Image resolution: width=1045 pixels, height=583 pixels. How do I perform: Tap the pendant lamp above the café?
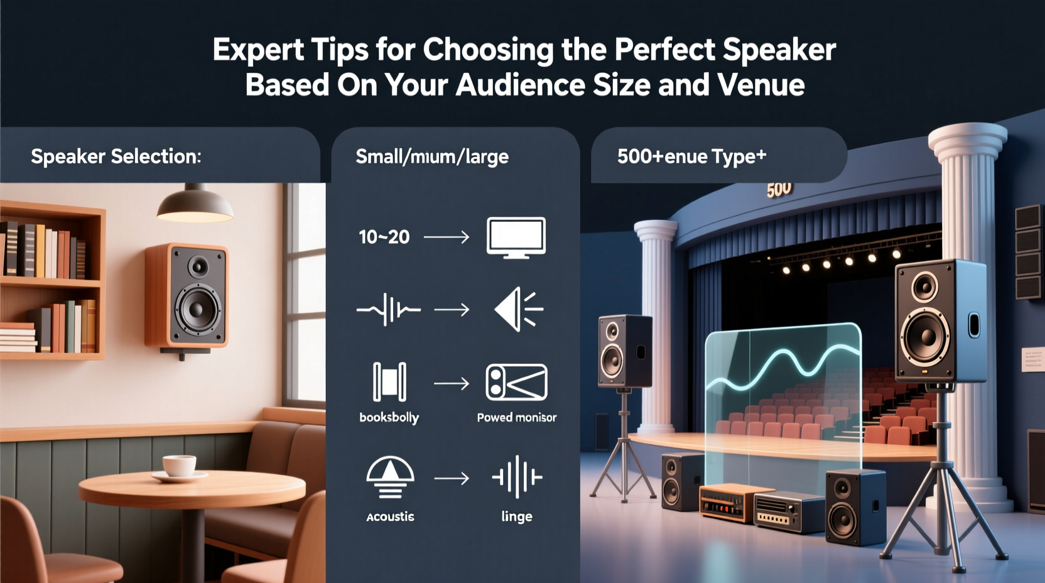(195, 205)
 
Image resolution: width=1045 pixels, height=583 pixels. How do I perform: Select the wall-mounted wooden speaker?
(187, 296)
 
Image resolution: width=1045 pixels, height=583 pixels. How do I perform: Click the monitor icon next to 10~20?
(516, 237)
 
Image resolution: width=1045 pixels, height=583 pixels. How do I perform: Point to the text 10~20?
(384, 237)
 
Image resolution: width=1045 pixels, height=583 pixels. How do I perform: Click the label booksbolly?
(389, 417)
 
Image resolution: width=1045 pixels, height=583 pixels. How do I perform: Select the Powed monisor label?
(516, 417)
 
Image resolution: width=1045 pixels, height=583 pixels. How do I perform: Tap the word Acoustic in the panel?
(390, 516)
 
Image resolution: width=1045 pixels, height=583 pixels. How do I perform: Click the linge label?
(516, 516)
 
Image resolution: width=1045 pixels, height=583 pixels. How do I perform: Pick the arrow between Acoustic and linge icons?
(452, 479)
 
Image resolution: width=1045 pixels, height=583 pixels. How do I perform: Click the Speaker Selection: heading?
(116, 156)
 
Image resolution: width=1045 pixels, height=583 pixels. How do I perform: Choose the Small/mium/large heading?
(432, 156)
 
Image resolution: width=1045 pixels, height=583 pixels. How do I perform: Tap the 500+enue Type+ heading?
(691, 156)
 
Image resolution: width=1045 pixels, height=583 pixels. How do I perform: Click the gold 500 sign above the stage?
(779, 189)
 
